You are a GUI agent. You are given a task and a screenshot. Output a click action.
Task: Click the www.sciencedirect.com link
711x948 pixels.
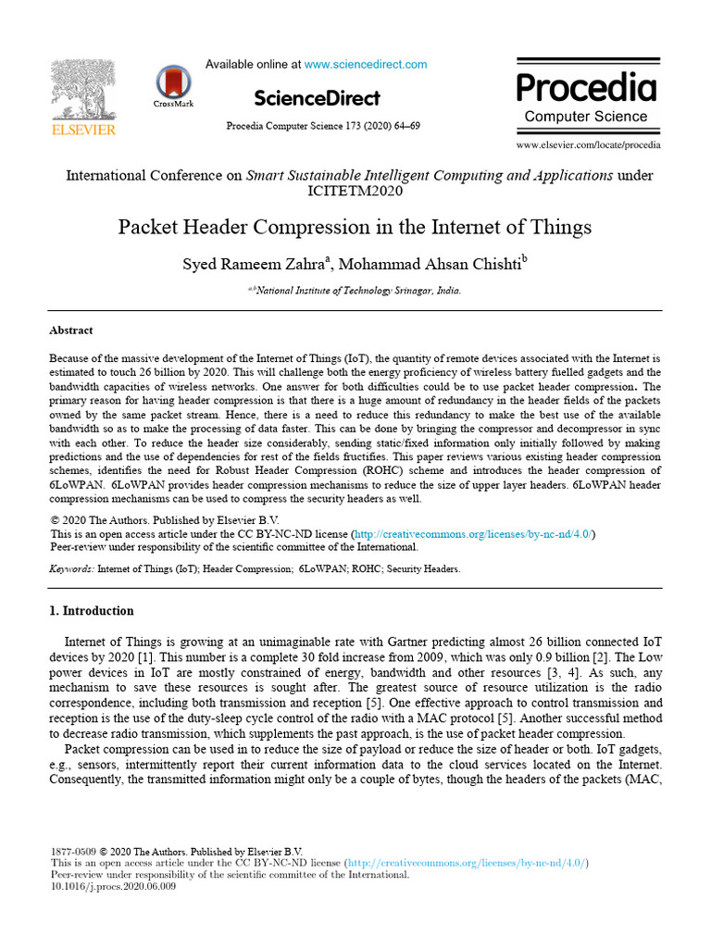coord(366,65)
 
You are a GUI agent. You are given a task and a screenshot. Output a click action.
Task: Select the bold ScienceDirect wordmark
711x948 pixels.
coord(317,98)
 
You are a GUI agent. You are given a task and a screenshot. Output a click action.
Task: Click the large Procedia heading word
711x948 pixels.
coord(586,88)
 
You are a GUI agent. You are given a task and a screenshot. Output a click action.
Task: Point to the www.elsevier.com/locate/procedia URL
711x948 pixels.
coord(589,145)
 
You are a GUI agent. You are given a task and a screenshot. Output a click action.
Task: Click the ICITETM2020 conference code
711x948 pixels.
coord(355,192)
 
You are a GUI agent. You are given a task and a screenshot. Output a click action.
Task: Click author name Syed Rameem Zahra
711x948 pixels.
coord(255,264)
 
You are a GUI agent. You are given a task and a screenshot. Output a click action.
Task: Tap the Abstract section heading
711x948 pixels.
coord(70,330)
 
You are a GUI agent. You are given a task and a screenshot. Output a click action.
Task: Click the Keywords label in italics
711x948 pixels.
coord(71,569)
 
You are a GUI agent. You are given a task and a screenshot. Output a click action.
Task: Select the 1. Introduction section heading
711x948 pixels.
coord(91,611)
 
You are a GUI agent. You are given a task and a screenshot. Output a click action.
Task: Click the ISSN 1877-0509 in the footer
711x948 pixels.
coord(72,852)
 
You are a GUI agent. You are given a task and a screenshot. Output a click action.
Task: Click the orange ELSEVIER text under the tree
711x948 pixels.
coord(83,131)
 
